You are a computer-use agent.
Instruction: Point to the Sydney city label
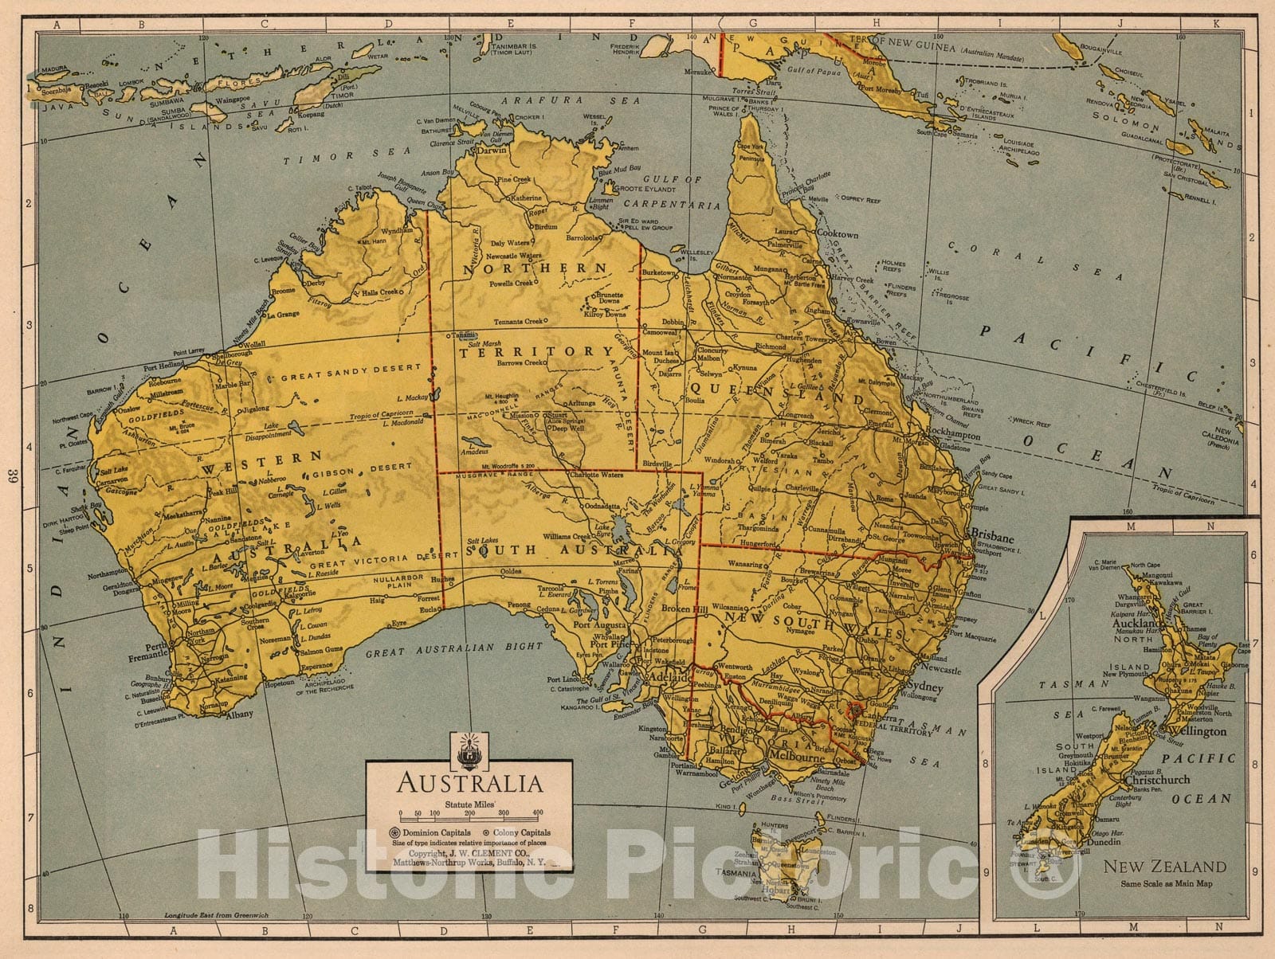tap(924, 687)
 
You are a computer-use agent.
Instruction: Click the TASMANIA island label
tap(735, 873)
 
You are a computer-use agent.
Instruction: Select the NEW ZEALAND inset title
tap(1164, 866)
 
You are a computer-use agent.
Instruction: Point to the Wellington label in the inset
tap(1196, 730)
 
